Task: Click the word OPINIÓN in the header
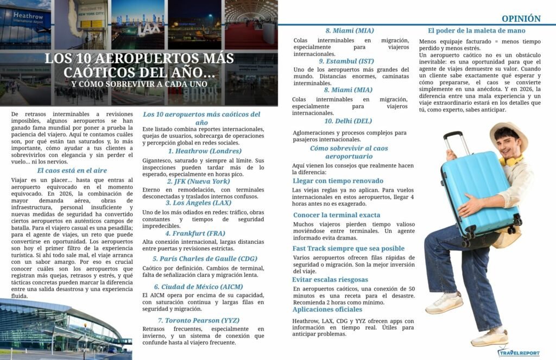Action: [521, 18]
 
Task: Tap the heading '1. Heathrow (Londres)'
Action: [204, 151]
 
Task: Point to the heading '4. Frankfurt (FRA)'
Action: [203, 233]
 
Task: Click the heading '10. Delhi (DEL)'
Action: [348, 121]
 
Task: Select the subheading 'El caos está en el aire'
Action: [72, 170]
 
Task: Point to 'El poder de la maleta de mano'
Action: [476, 30]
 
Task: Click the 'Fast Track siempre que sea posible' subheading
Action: [348, 249]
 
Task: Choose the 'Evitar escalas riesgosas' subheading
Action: [331, 280]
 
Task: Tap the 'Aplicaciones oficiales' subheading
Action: [327, 310]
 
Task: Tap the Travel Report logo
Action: [519, 351]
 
